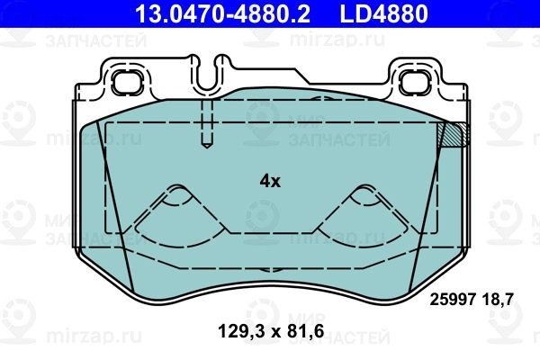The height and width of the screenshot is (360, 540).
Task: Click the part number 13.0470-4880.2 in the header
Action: [x=222, y=13]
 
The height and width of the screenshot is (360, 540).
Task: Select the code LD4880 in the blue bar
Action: [x=383, y=13]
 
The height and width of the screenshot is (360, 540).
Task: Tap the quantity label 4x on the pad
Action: [x=270, y=181]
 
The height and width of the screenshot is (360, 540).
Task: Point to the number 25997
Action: [x=453, y=300]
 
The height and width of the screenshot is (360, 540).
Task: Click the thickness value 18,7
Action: [x=498, y=300]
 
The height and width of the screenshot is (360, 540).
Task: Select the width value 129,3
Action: [x=242, y=331]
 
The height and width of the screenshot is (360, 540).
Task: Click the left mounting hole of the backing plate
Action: [x=127, y=82]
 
